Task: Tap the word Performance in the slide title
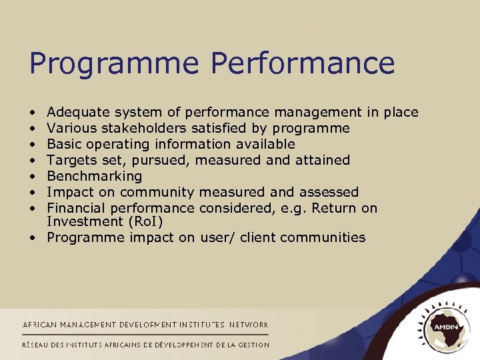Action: [303, 64]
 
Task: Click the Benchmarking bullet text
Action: [95, 176]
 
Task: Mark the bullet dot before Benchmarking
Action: [32, 177]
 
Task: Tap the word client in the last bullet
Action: [243, 237]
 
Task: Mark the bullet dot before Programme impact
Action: [32, 238]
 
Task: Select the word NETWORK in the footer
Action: [249, 325]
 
